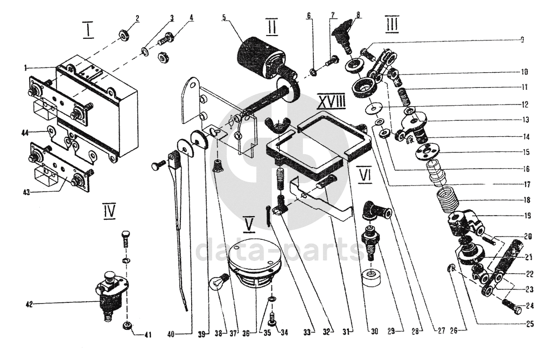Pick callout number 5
[223, 17]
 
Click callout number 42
[30, 304]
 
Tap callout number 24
[530, 306]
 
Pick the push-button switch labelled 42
[111, 296]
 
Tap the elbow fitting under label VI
[375, 211]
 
